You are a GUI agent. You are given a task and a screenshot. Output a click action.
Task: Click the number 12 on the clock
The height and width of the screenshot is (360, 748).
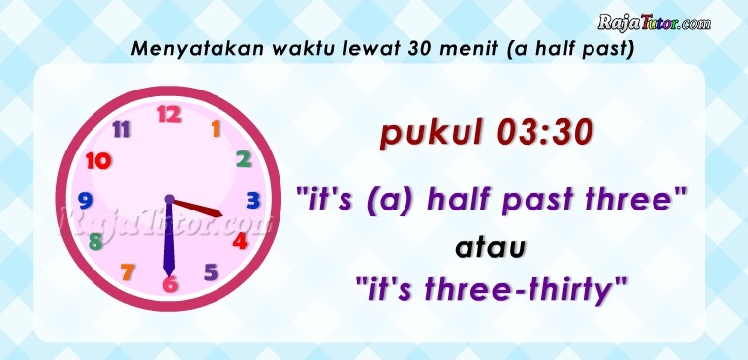169,114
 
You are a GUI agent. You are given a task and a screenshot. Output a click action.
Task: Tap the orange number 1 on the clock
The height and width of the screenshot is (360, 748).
217,129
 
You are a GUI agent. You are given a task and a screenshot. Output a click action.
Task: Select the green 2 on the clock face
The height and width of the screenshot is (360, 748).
244,159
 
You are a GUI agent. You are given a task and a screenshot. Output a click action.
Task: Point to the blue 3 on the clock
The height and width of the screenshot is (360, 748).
253,201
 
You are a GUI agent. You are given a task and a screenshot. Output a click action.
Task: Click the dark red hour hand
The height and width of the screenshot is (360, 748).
197,208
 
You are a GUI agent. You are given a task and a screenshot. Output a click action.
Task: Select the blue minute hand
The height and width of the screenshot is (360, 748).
169,237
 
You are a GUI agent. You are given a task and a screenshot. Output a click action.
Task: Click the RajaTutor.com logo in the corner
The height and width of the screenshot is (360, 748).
654,23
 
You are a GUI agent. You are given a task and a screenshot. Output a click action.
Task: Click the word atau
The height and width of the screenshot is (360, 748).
490,248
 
